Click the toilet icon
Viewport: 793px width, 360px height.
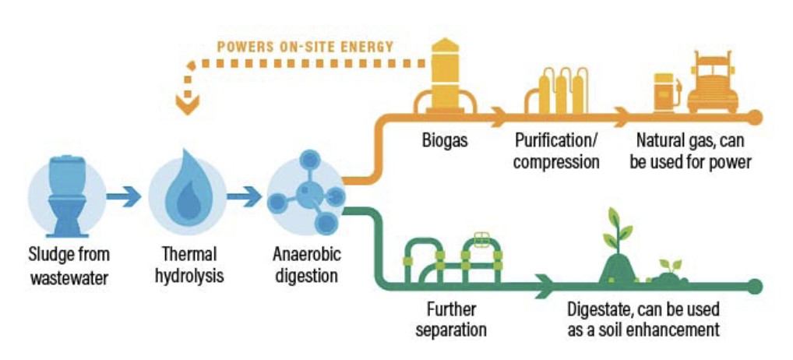[x=66, y=195]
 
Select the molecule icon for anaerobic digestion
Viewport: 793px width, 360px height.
[x=305, y=195]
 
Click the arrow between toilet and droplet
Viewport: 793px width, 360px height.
[x=125, y=196]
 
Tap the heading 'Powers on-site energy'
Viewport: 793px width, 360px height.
[x=305, y=46]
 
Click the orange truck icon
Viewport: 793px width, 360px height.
[x=712, y=84]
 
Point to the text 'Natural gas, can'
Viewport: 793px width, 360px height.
[x=692, y=143]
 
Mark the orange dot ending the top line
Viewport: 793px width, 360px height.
[x=754, y=118]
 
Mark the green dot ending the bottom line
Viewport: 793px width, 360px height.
[x=754, y=286]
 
